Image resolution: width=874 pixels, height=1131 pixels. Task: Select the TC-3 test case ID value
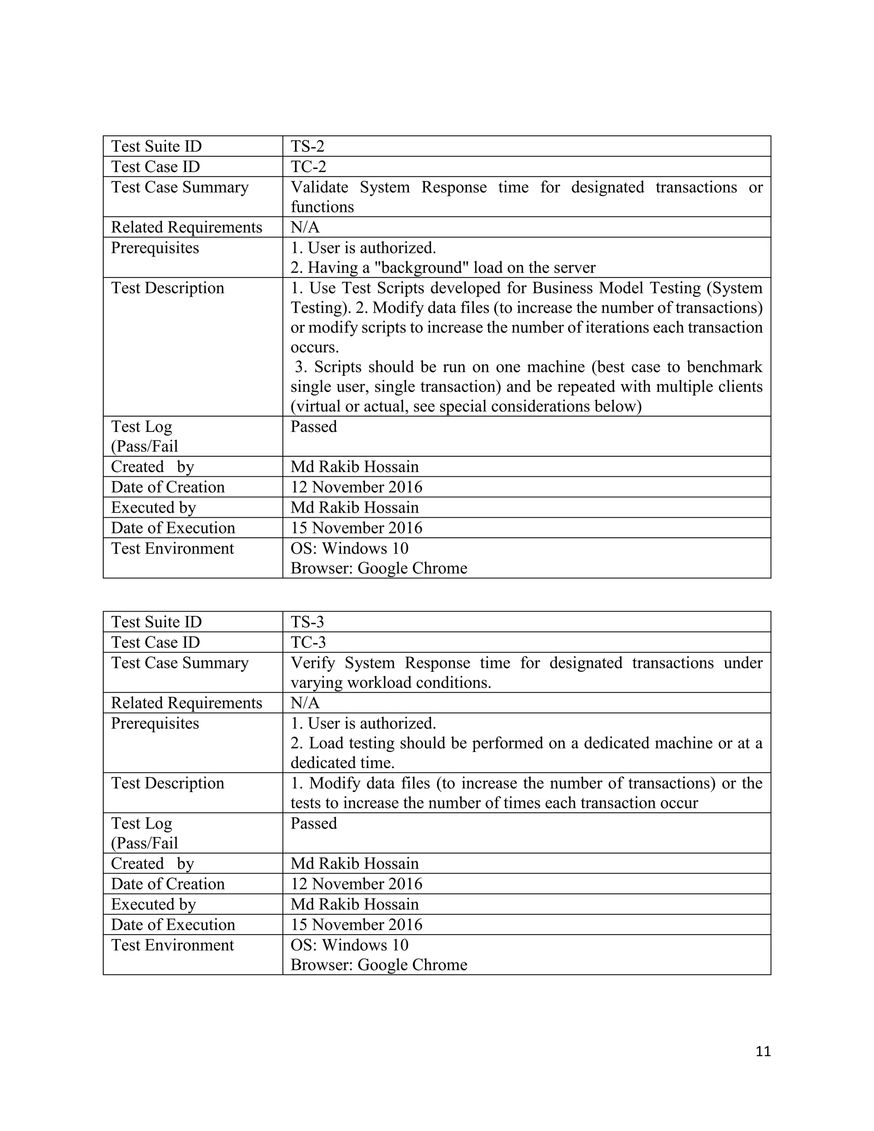pyautogui.click(x=308, y=642)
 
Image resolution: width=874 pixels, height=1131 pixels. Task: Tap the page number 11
pyautogui.click(x=763, y=1051)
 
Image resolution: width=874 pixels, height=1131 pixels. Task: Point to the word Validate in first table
pyautogui.click(x=319, y=187)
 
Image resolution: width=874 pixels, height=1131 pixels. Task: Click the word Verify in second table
pyautogui.click(x=312, y=663)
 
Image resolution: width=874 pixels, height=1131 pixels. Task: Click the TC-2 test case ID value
pyautogui.click(x=308, y=167)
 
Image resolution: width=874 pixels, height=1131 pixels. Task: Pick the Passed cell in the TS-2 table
pyautogui.click(x=313, y=427)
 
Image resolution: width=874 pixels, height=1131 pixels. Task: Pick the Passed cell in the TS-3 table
pyautogui.click(x=313, y=823)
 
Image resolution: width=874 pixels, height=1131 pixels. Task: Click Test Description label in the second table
pyautogui.click(x=167, y=783)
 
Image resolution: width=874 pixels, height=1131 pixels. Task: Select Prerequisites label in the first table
pyautogui.click(x=155, y=248)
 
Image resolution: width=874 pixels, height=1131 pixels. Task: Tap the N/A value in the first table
pyautogui.click(x=305, y=227)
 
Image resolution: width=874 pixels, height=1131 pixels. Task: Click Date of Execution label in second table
pyautogui.click(x=172, y=924)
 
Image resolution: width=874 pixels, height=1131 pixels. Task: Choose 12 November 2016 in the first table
pyautogui.click(x=356, y=487)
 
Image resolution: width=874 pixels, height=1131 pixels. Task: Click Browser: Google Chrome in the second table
pyautogui.click(x=379, y=965)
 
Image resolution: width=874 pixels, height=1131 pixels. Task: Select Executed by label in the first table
pyautogui.click(x=153, y=507)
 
